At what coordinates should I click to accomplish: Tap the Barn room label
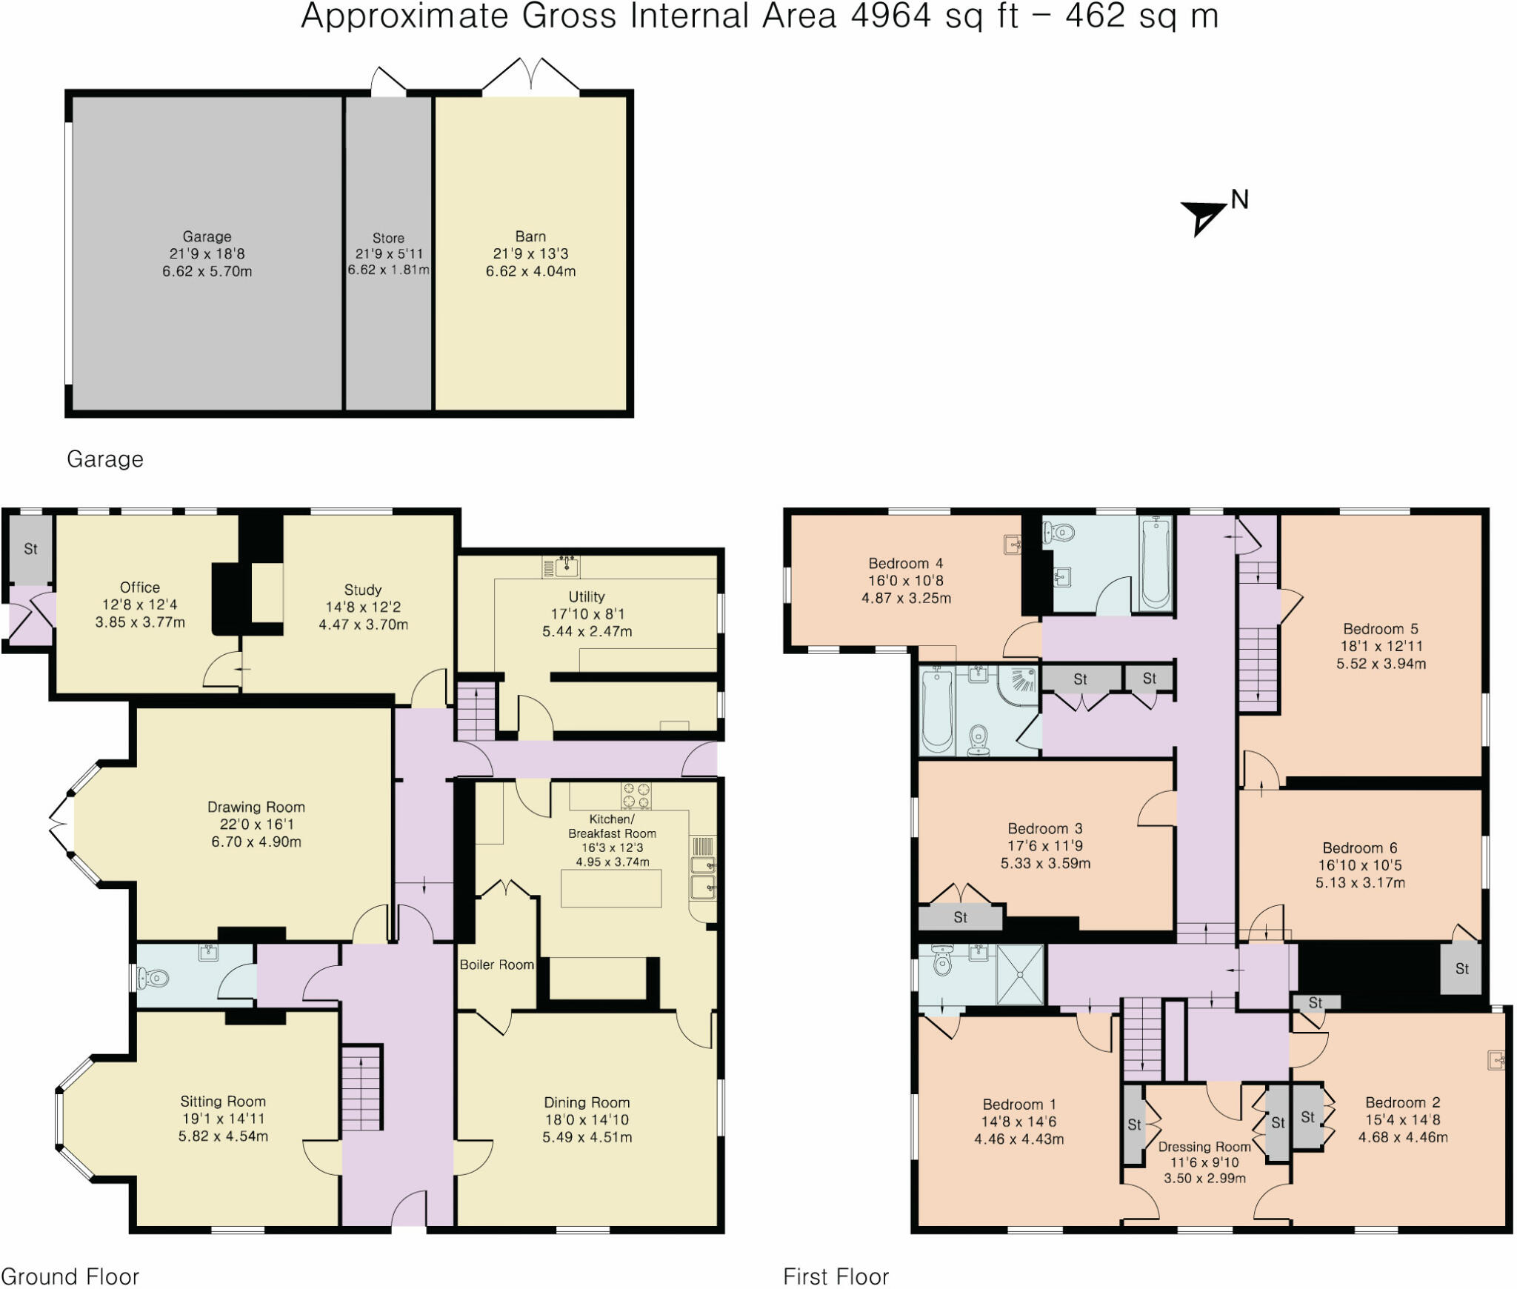530,236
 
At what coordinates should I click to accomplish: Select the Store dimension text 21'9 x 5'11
389,254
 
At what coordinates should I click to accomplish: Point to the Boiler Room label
496,965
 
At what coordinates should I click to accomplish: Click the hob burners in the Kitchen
636,796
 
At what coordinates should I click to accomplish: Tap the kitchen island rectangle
611,888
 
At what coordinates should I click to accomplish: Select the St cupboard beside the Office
30,549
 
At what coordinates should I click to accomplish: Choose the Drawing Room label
256,807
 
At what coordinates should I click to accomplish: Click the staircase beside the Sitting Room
362,1087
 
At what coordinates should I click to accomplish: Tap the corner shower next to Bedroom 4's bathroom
1018,686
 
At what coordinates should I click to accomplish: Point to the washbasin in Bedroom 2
1496,1061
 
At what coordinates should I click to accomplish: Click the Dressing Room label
1204,1146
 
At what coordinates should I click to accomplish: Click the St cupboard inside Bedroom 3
960,917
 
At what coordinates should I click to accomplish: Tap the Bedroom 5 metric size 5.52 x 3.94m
1381,664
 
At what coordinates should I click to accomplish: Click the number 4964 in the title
890,16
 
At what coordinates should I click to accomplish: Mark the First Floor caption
836,1276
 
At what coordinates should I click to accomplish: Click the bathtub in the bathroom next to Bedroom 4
1156,563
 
